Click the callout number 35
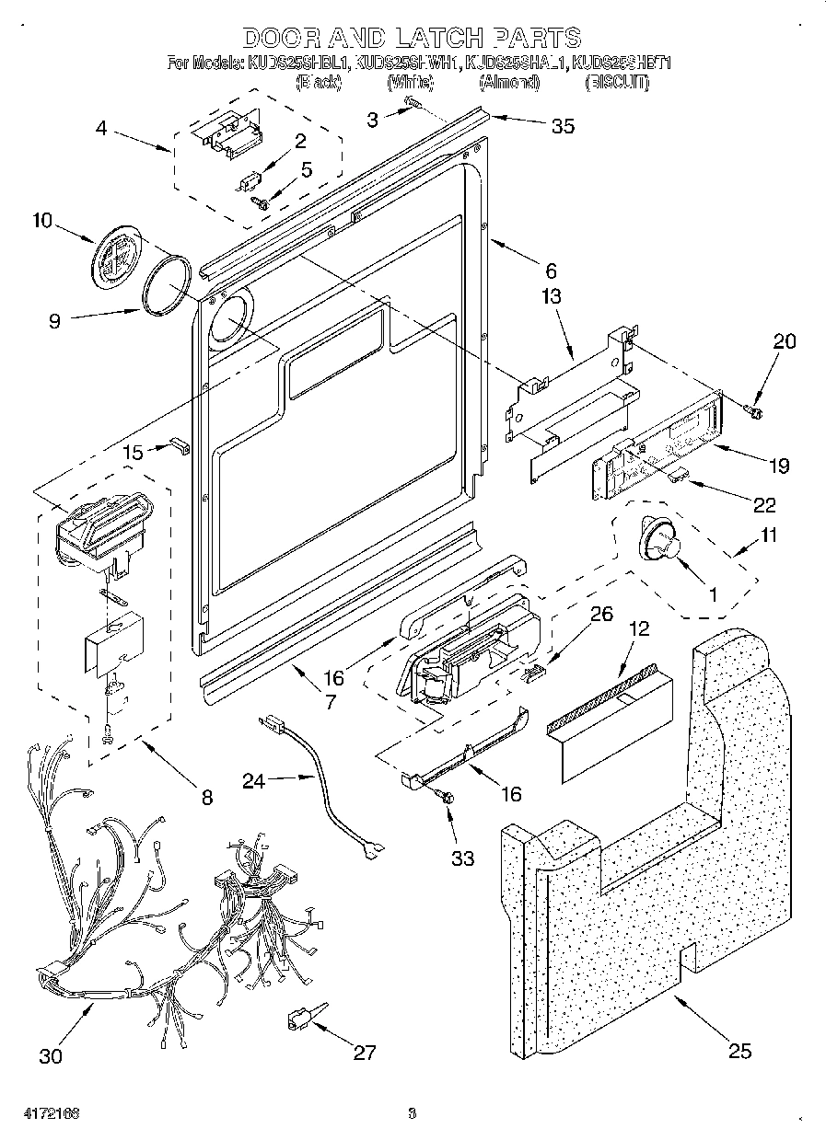[x=562, y=127]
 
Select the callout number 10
[x=43, y=222]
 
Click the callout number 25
[x=739, y=1050]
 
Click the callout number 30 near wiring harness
[x=52, y=1055]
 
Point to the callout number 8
[x=206, y=797]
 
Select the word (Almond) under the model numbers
[x=509, y=83]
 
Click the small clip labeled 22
[x=679, y=473]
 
